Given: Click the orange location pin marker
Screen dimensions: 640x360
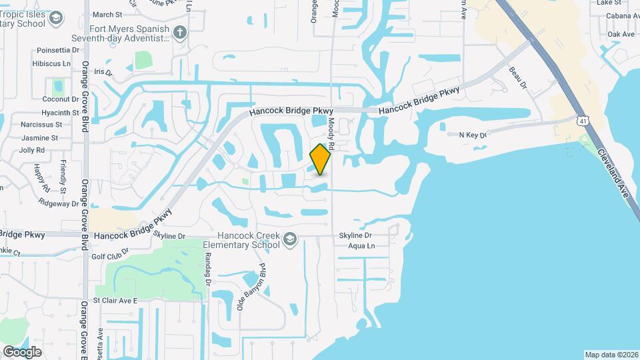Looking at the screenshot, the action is pos(321,159).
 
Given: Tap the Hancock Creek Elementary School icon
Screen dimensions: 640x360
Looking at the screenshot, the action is pos(289,239).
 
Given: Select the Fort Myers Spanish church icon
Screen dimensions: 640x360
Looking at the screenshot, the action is pos(179,32).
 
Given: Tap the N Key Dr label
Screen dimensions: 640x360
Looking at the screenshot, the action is pos(473,135).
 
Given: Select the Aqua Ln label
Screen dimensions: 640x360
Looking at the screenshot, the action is pos(361,246).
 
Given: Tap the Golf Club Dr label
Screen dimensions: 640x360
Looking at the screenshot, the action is pos(109,256).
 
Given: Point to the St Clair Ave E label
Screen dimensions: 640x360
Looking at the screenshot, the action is pos(115,301).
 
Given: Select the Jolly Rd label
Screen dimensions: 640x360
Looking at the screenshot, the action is pos(32,150).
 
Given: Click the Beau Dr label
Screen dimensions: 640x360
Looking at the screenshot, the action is pos(518,77).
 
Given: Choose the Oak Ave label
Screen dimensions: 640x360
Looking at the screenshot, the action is pos(621,34).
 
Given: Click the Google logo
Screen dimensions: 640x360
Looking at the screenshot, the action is pos(22,351).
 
